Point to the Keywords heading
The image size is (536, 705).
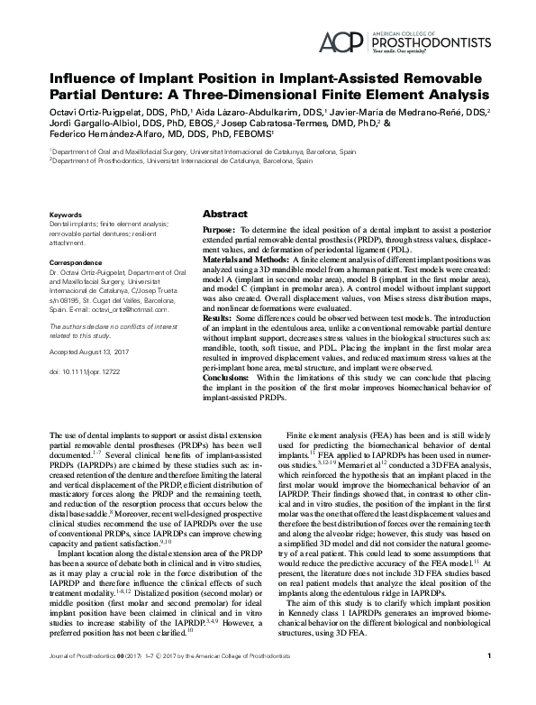coord(66,215)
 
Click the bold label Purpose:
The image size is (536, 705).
coord(222,232)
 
